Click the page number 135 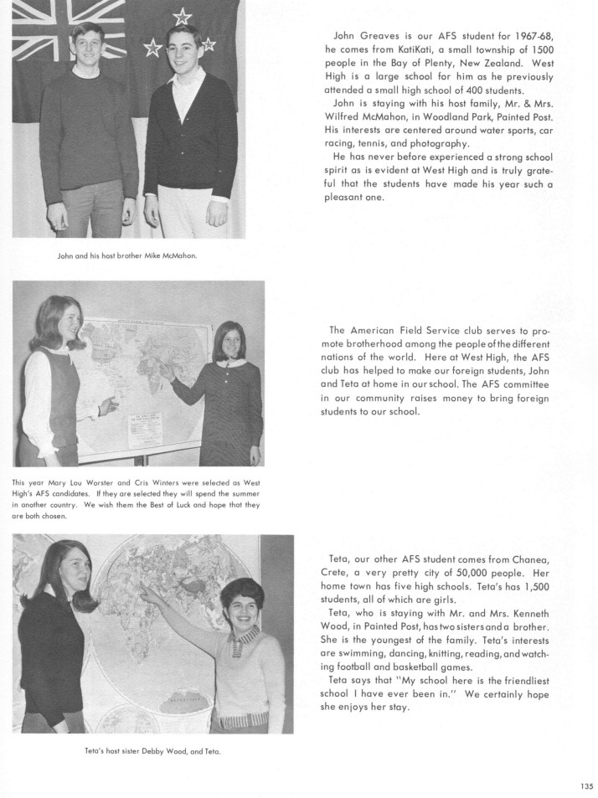pyautogui.click(x=586, y=785)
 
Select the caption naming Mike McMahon pyautogui.click(x=126, y=255)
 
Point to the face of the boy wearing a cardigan pyautogui.click(x=184, y=49)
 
